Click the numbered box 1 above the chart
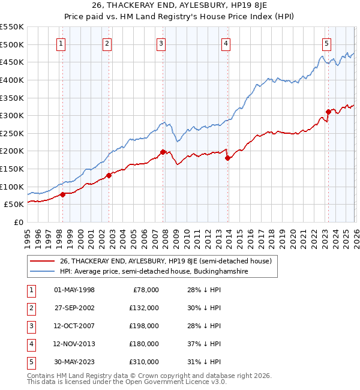(x=62, y=43)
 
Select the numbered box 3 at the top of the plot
(x=162, y=43)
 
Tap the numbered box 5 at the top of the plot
(x=326, y=43)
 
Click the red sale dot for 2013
(x=227, y=158)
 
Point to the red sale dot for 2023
(x=328, y=112)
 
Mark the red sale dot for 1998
(x=62, y=194)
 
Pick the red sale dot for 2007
(x=163, y=152)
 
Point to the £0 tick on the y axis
(x=18, y=222)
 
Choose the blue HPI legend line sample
(x=43, y=271)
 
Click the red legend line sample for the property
(x=43, y=261)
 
